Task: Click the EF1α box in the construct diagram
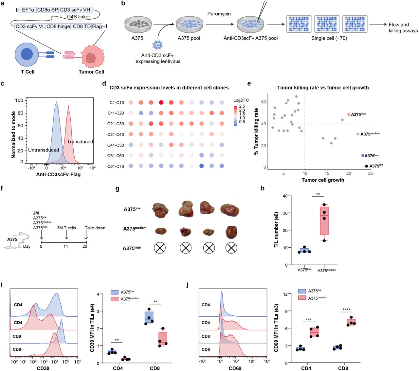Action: pos(28,10)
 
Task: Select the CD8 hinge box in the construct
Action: pos(58,26)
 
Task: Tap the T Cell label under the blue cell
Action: pos(27,72)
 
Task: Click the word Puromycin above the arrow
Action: pos(219,14)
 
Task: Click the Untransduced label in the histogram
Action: pos(44,150)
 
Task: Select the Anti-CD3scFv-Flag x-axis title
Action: pos(58,174)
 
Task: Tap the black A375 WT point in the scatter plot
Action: pos(366,166)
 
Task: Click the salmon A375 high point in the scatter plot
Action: pos(349,115)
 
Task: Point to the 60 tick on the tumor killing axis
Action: pos(264,102)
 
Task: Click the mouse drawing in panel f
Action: pos(16,240)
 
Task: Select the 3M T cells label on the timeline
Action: pos(66,228)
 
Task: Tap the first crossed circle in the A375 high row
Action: pos(160,248)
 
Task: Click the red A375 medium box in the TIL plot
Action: pos(324,221)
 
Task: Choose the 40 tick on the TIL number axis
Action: pos(285,196)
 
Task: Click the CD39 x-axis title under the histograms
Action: pos(43,368)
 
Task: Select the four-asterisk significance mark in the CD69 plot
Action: pos(346,309)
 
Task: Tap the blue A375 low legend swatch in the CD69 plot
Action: pos(302,291)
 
